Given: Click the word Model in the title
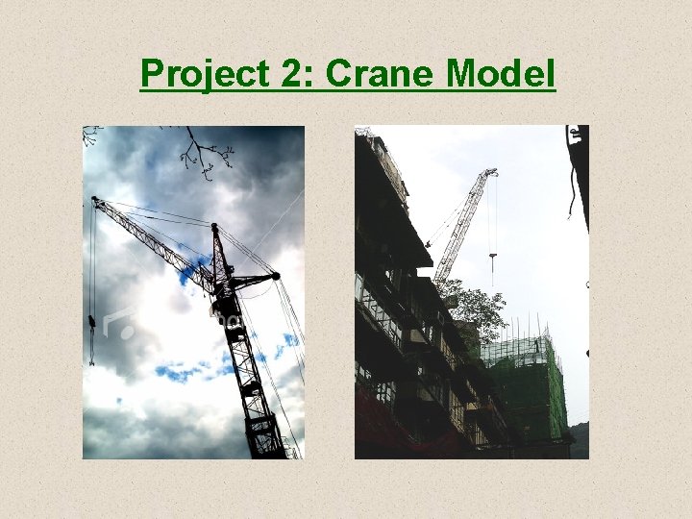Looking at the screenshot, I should tap(505, 73).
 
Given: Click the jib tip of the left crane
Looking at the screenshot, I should tap(94, 200).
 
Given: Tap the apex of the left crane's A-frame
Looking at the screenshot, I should tap(214, 227).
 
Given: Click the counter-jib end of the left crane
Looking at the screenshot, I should tap(276, 277).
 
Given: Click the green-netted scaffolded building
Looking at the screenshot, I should tap(525, 384).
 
